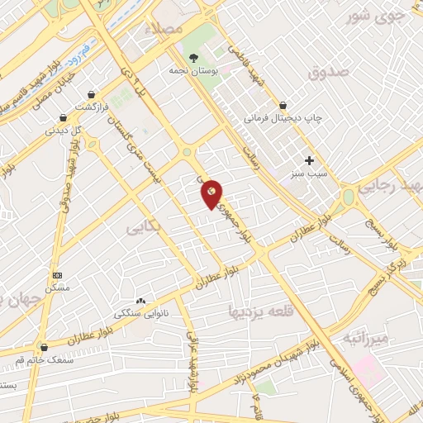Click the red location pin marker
click(212, 193)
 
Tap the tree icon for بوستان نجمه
click(193, 58)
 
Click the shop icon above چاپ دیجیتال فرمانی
click(283, 105)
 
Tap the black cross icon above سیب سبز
click(310, 160)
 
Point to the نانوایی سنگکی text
click(138, 314)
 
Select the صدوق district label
click(330, 73)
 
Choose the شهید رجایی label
click(397, 186)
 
